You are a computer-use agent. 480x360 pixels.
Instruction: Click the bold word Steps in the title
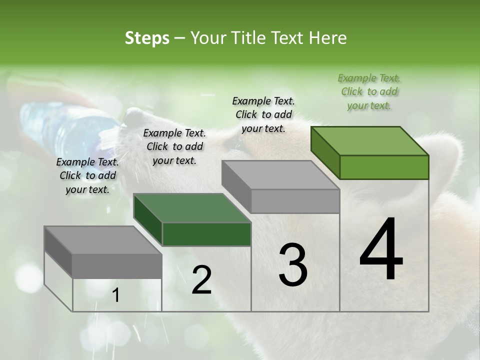(147, 38)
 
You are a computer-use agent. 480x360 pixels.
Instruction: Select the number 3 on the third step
(292, 265)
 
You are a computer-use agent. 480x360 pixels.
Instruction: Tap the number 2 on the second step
(201, 280)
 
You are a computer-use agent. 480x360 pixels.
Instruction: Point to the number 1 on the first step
(116, 295)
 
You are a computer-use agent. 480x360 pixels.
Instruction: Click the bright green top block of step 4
(370, 152)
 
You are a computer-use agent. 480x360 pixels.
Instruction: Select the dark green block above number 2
(192, 220)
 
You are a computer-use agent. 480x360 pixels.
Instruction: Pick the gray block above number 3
(281, 187)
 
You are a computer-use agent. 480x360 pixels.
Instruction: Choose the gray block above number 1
(103, 252)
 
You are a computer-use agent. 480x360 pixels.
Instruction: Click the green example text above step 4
(369, 92)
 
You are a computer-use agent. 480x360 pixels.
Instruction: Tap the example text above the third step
(263, 114)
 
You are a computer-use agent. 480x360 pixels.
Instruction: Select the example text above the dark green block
(174, 146)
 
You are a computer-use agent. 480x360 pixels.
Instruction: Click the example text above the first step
(87, 175)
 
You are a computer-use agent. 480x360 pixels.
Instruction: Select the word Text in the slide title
(288, 38)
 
